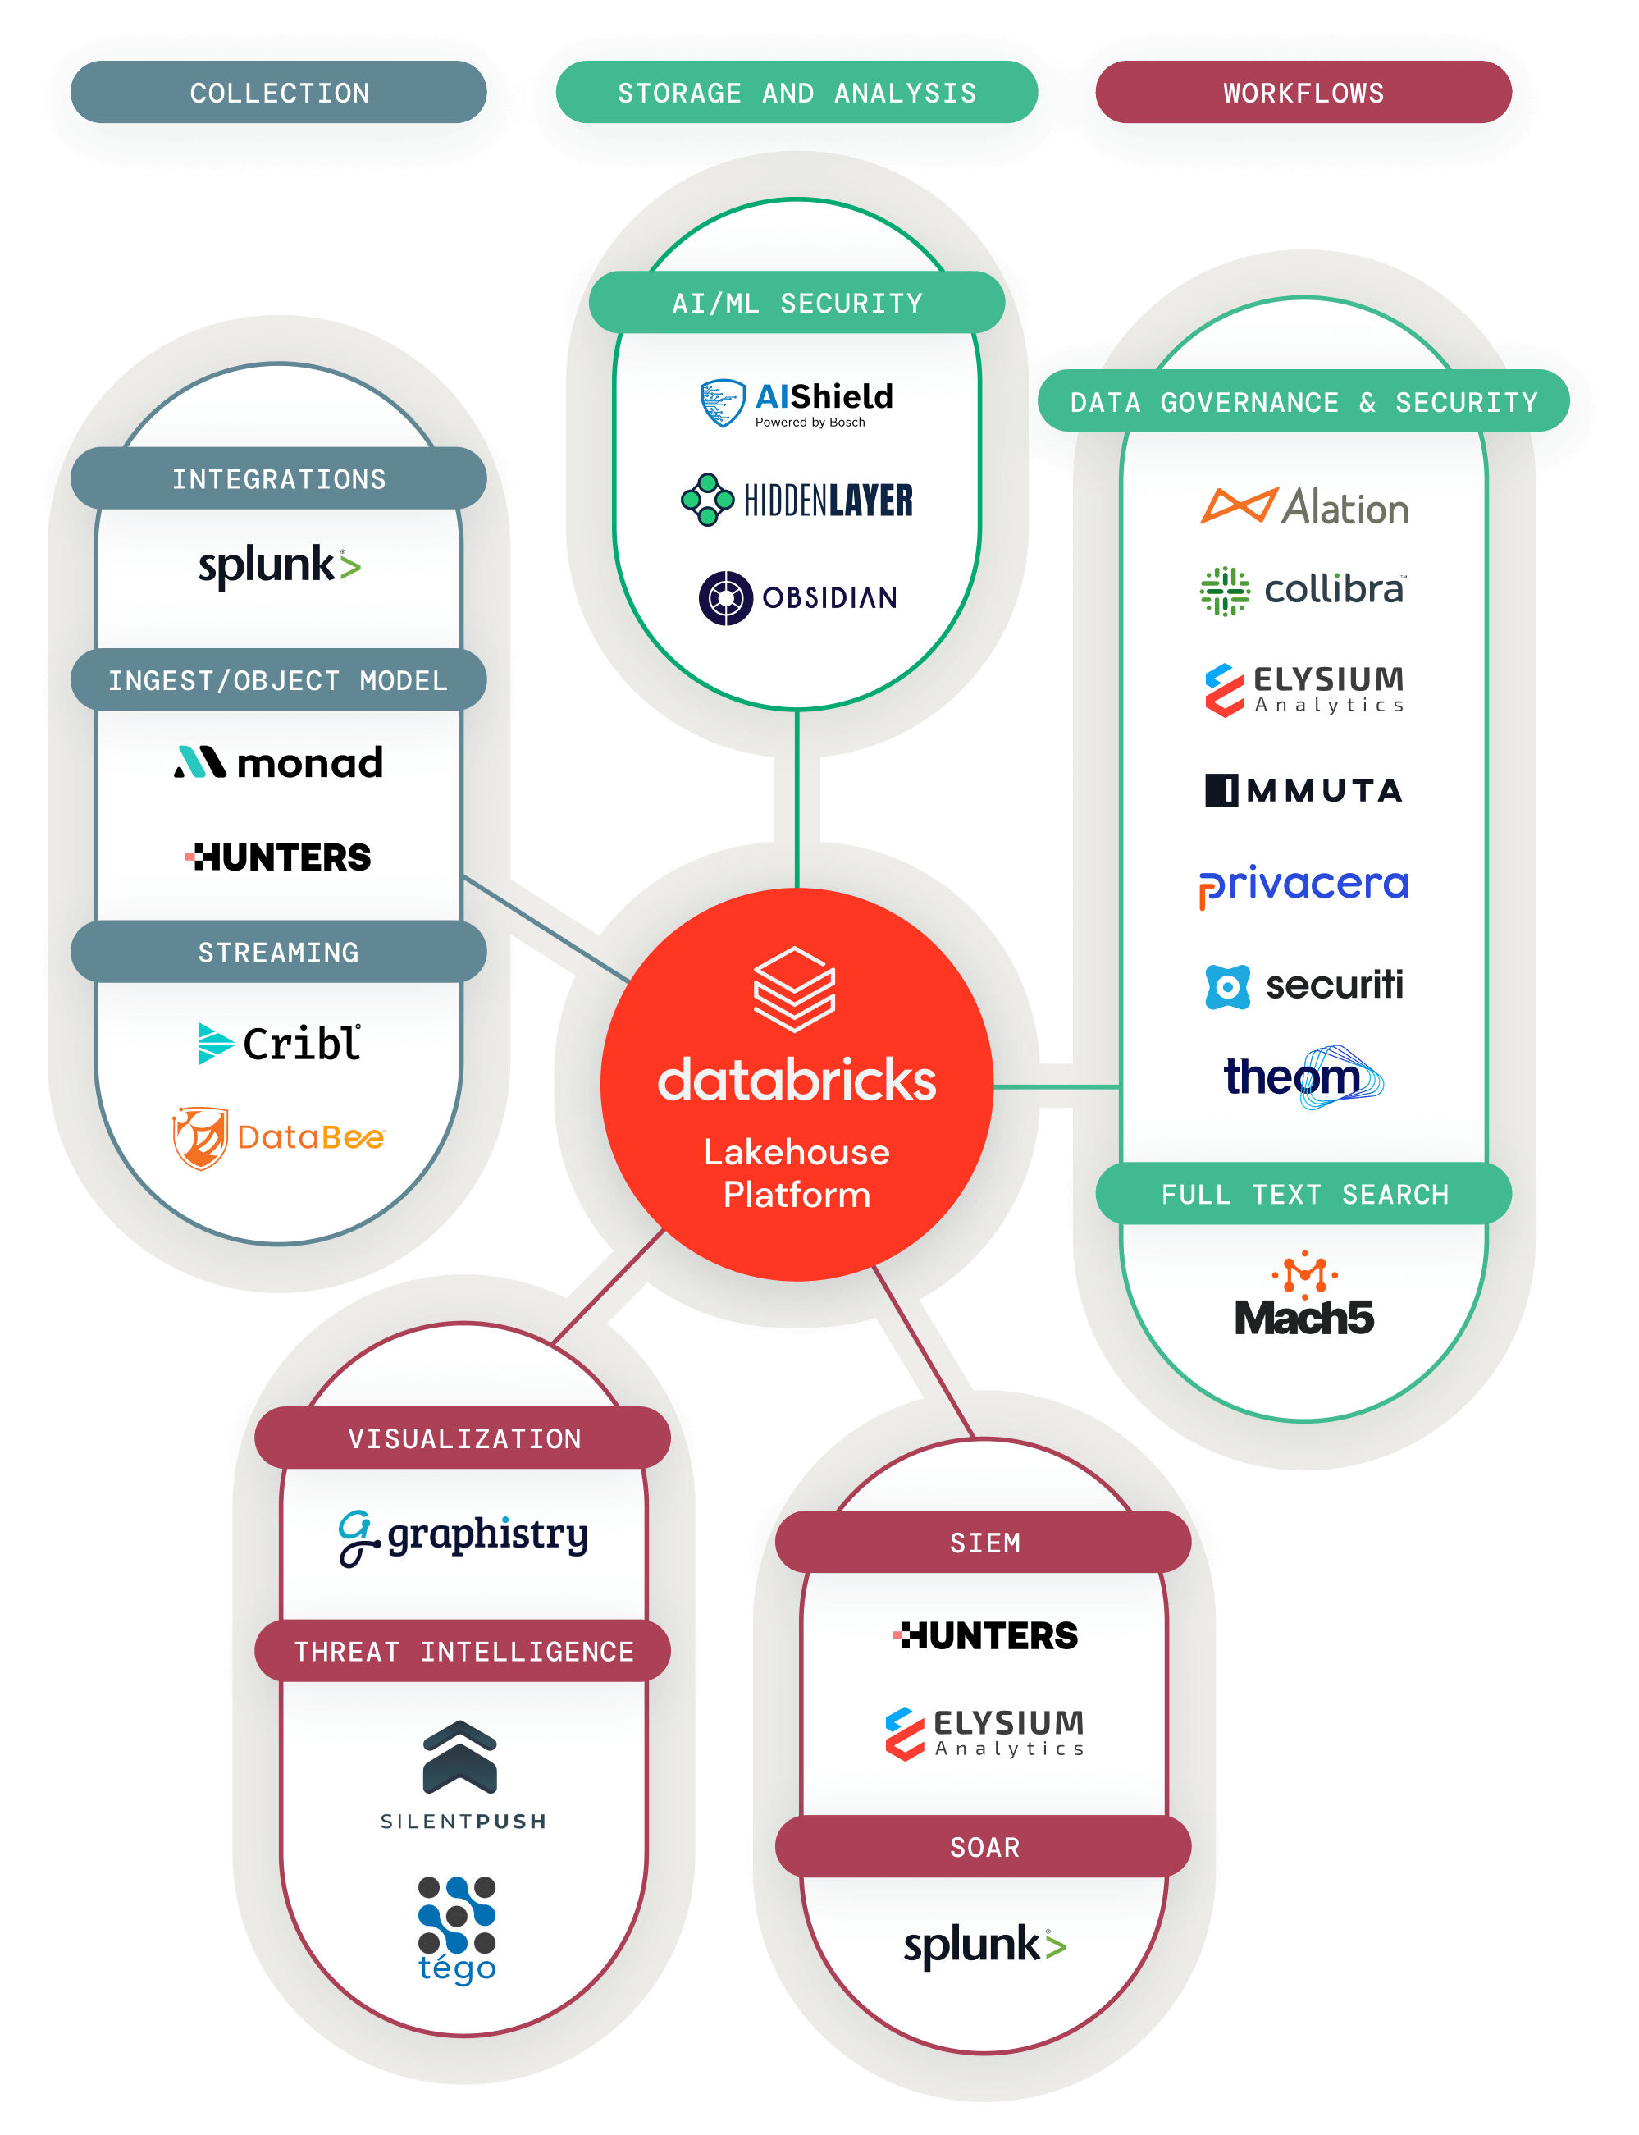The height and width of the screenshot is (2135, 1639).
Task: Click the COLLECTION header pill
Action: [x=279, y=93]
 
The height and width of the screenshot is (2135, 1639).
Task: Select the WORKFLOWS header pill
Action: [x=1303, y=93]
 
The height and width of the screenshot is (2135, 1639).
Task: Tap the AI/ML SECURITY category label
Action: [x=796, y=303]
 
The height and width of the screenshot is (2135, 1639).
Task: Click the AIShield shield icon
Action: [x=723, y=403]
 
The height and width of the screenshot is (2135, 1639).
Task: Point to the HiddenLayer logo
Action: [x=796, y=500]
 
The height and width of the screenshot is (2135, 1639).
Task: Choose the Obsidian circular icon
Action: [x=725, y=597]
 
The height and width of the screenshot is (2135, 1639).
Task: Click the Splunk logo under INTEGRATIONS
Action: [x=279, y=566]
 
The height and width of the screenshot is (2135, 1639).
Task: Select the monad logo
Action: [x=279, y=762]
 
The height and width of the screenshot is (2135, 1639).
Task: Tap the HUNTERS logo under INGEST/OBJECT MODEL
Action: [x=279, y=857]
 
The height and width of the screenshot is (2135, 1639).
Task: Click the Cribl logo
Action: [x=279, y=1043]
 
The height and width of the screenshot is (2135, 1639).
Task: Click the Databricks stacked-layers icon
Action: [x=794, y=989]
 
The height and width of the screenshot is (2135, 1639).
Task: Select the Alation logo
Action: [x=1303, y=506]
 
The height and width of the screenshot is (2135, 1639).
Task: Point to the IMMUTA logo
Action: [x=1303, y=789]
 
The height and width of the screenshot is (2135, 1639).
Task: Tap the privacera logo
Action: [x=1303, y=885]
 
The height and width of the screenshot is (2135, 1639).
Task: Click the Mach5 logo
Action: [x=1303, y=1298]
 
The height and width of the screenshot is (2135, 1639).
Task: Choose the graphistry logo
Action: [x=463, y=1537]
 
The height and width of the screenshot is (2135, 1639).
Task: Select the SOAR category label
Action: [x=984, y=1846]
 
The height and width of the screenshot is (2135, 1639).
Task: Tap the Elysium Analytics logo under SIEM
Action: [x=984, y=1732]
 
